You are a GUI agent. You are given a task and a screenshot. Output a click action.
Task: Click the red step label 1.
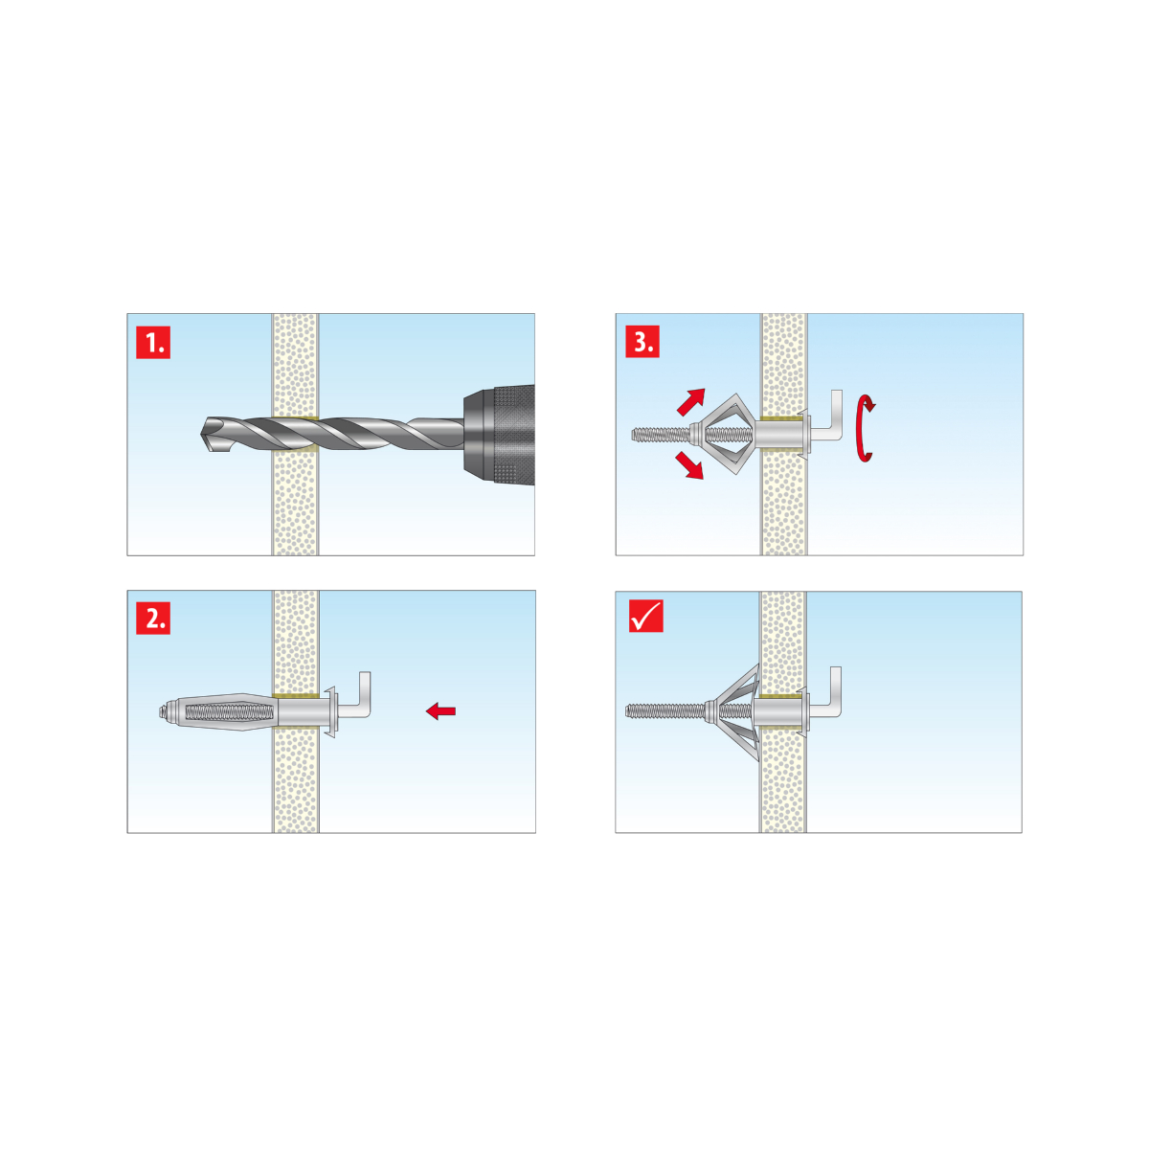click(x=153, y=342)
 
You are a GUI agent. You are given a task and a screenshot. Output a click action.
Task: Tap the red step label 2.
click(x=153, y=618)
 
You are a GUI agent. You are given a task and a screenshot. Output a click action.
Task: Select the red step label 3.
click(x=642, y=341)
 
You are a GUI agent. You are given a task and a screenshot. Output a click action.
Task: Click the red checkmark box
click(x=645, y=616)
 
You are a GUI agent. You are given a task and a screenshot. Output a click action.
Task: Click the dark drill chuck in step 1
click(x=499, y=434)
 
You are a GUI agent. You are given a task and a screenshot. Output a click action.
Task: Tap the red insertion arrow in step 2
click(x=440, y=710)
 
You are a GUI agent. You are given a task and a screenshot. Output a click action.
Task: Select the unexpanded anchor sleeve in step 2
click(x=219, y=712)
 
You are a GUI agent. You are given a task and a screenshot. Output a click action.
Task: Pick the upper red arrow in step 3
click(x=691, y=401)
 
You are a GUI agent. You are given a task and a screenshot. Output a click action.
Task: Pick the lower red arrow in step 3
click(x=689, y=465)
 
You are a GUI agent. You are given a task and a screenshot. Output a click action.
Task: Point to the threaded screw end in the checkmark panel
click(x=665, y=710)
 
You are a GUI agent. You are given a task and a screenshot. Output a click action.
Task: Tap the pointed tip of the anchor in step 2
click(x=161, y=711)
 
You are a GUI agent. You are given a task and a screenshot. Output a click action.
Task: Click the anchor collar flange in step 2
click(x=331, y=710)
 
